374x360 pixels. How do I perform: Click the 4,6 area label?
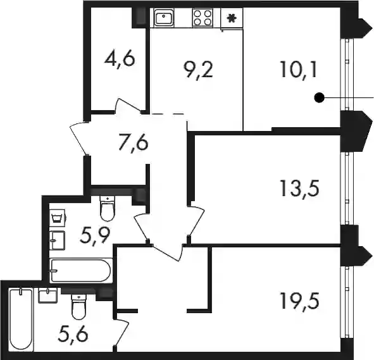tap(120, 59)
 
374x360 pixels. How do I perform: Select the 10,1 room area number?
tap(299, 70)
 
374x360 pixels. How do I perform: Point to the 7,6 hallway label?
tap(134, 143)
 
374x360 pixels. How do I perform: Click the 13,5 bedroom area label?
tap(299, 189)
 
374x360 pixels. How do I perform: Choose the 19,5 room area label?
tap(299, 301)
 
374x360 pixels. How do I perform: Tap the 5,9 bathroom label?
tap(95, 235)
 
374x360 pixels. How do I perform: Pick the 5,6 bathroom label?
tap(73, 335)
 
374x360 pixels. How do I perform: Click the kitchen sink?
tap(164, 17)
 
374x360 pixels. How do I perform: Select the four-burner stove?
tap(203, 18)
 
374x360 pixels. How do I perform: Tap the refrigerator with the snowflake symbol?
tap(232, 18)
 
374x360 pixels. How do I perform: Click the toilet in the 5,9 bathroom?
tap(108, 208)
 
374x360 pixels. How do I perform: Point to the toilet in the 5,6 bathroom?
tap(78, 307)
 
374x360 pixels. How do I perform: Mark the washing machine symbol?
tap(58, 218)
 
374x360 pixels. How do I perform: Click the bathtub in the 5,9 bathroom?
tap(80, 271)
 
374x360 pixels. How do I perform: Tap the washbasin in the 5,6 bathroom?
tap(47, 295)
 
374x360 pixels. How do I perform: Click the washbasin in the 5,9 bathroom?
tap(57, 240)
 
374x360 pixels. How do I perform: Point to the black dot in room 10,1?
tap(320, 97)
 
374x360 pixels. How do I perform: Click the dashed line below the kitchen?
tap(168, 114)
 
